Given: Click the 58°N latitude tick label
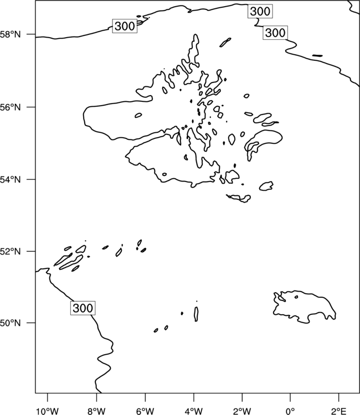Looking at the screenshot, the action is point(11,34).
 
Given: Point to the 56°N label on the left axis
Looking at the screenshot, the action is point(11,107).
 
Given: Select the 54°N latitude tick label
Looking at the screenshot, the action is point(11,179).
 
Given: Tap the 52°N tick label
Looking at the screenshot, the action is point(11,251).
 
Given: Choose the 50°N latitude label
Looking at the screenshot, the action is point(11,323).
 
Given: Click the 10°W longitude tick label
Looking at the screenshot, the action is point(48,411).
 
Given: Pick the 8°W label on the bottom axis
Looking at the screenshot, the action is point(96,411).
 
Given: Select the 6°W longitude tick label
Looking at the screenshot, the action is point(145,411).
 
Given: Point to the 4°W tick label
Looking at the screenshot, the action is point(194,411).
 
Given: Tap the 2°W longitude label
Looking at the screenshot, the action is point(242,411).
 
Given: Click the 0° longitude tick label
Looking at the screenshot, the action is point(290,411).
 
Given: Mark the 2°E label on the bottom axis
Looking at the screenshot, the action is point(339,411).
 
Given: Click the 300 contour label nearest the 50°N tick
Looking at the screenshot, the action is point(83,308).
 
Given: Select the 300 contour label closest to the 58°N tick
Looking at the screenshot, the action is point(125,26).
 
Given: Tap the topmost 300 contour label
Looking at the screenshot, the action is point(260,11).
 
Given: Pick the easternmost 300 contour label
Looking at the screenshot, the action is point(275,33).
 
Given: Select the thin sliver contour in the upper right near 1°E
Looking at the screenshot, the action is point(317,55).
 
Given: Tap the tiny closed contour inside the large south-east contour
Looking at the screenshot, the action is point(296,297).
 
